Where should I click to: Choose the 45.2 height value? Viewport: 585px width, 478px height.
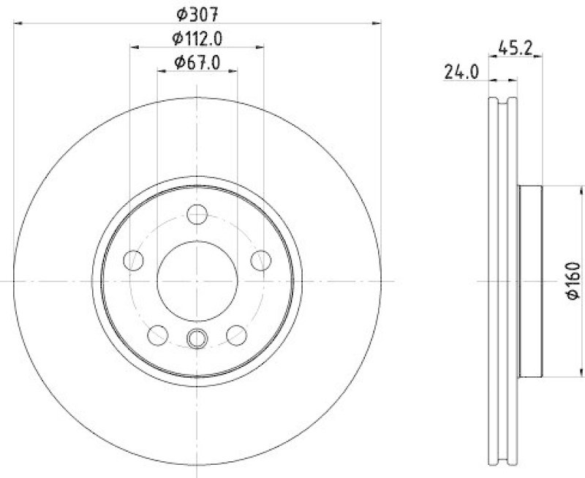[514, 48]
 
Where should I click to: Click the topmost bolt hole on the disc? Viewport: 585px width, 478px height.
[197, 214]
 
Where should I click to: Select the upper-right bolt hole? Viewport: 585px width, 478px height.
[260, 259]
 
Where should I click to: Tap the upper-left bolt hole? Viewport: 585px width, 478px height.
[134, 259]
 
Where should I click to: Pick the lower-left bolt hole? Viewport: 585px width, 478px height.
[158, 335]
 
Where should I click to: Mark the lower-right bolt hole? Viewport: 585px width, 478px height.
[236, 335]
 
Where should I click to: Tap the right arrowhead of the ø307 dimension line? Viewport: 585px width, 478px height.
[377, 23]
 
